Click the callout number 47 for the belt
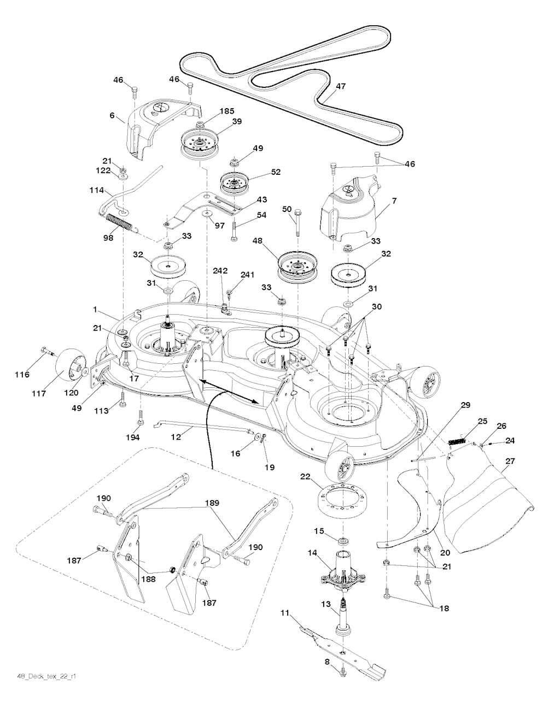[x=341, y=86]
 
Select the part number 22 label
[x=305, y=477]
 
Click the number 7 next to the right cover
[x=394, y=201]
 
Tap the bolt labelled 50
[x=297, y=223]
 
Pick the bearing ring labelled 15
[x=343, y=541]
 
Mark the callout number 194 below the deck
[x=132, y=437]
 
